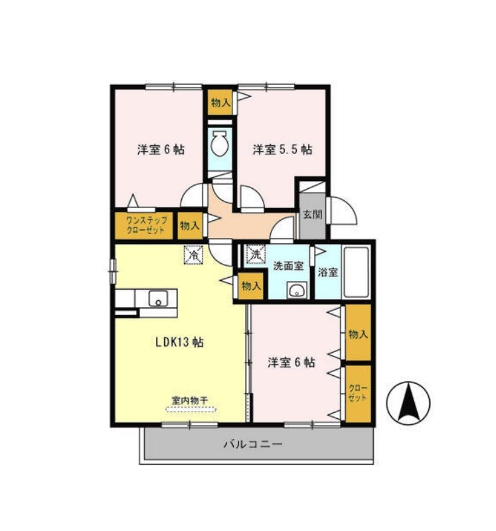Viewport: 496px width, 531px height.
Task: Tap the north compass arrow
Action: click(x=408, y=403)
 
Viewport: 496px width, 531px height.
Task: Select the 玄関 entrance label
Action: click(x=312, y=214)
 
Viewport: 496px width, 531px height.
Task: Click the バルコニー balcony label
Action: click(x=252, y=444)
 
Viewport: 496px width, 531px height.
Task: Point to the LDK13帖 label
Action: click(x=179, y=342)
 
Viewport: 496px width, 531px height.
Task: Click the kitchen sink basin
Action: click(x=158, y=299)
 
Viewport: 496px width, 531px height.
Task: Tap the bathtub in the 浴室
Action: click(x=356, y=272)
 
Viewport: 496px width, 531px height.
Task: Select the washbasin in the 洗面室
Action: click(x=297, y=290)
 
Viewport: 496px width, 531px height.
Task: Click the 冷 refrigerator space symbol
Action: click(x=193, y=255)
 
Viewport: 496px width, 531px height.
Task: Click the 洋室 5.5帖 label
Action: click(x=282, y=149)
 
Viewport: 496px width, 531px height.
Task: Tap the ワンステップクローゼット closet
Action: click(x=144, y=225)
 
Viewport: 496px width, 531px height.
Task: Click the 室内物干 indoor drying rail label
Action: click(x=190, y=400)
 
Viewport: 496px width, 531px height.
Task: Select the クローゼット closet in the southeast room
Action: click(x=358, y=393)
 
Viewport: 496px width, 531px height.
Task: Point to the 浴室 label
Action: click(x=328, y=272)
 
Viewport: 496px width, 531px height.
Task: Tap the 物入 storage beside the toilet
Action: click(x=220, y=102)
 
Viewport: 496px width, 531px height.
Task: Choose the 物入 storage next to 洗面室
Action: click(x=251, y=286)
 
